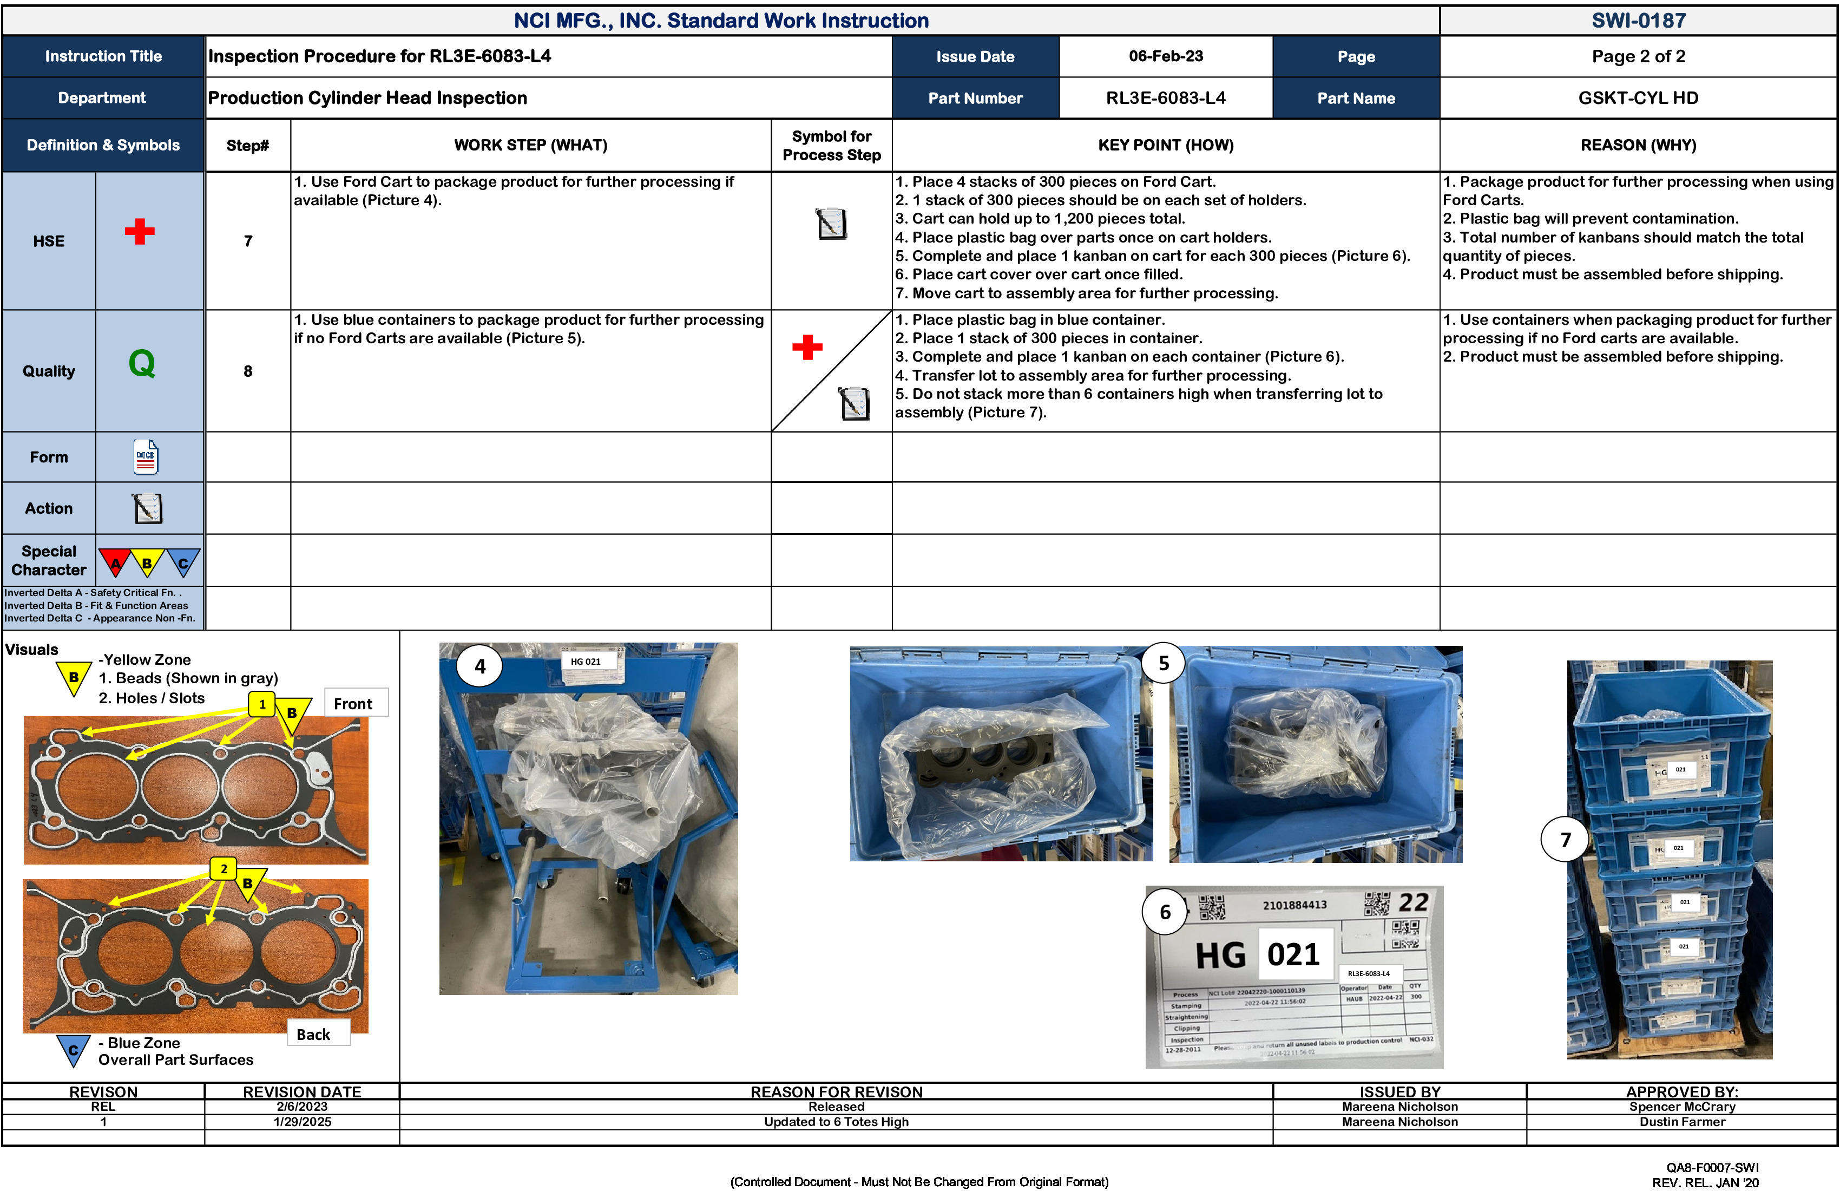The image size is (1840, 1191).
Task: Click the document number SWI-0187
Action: pyautogui.click(x=1638, y=20)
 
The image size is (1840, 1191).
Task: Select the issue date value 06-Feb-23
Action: pyautogui.click(x=1165, y=56)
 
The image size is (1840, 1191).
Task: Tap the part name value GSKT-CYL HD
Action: pyautogui.click(x=1638, y=98)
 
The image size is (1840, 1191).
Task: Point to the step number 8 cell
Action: pyautogui.click(x=247, y=371)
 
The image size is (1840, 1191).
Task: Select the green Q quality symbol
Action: pyautogui.click(x=141, y=363)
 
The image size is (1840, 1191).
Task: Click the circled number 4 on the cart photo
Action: pyautogui.click(x=480, y=666)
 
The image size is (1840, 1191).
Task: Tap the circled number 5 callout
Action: pyautogui.click(x=1164, y=664)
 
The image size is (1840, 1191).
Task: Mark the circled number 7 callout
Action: pyautogui.click(x=1565, y=840)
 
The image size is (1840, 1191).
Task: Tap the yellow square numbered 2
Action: pyautogui.click(x=224, y=868)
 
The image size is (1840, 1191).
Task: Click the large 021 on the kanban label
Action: pyautogui.click(x=1293, y=954)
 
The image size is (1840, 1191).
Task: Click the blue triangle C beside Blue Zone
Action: pyautogui.click(x=74, y=1050)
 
